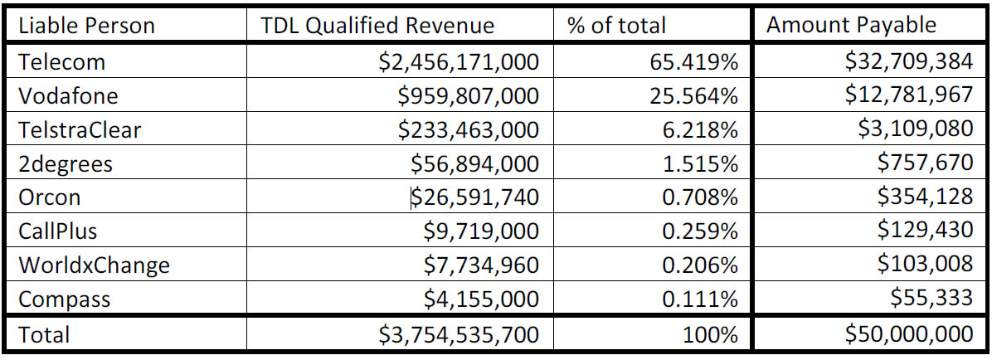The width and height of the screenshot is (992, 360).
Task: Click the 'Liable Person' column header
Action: pyautogui.click(x=86, y=26)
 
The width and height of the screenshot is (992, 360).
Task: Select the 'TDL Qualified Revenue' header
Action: pyautogui.click(x=377, y=26)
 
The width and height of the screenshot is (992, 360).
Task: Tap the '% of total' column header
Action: pyautogui.click(x=616, y=26)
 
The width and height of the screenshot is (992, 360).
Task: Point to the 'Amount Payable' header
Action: pyautogui.click(x=851, y=25)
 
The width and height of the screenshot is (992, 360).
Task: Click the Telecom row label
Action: pyautogui.click(x=61, y=61)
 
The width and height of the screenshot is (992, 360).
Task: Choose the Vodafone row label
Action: pyautogui.click(x=68, y=95)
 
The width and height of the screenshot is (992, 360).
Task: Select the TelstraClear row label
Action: pyautogui.click(x=80, y=129)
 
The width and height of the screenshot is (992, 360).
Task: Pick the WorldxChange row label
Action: pyautogui.click(x=94, y=265)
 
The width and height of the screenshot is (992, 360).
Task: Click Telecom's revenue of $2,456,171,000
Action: pyautogui.click(x=458, y=61)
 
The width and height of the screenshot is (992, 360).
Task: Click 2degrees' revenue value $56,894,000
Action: pyautogui.click(x=475, y=163)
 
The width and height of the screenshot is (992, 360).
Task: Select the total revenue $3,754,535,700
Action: pyautogui.click(x=458, y=335)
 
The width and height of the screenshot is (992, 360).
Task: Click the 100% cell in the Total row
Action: pyautogui.click(x=710, y=335)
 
